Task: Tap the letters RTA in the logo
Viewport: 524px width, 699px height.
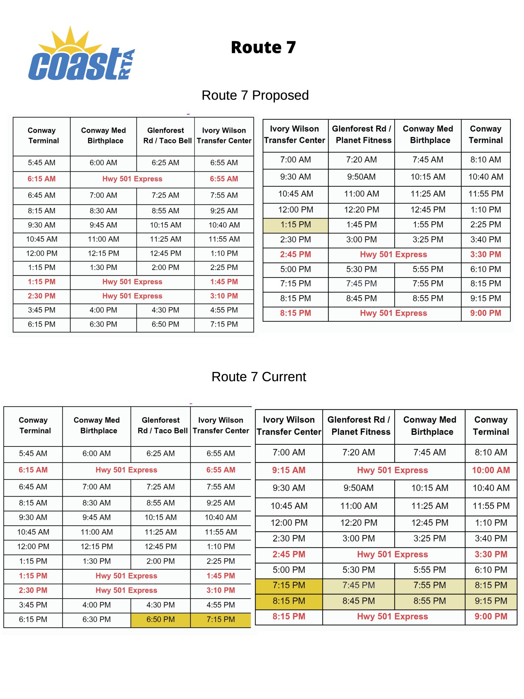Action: click(x=127, y=65)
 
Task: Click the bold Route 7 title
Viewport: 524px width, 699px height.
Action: click(x=263, y=47)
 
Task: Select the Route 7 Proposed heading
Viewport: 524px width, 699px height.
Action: click(x=255, y=95)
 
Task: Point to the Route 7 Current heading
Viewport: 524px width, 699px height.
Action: click(x=259, y=377)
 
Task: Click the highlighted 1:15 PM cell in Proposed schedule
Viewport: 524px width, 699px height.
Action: click(x=295, y=225)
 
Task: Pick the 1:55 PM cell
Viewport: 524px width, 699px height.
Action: click(x=428, y=225)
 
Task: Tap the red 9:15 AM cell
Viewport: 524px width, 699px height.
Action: click(x=289, y=470)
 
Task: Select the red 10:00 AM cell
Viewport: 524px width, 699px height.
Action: click(x=491, y=470)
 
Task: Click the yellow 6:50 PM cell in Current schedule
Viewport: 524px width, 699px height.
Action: click(x=160, y=619)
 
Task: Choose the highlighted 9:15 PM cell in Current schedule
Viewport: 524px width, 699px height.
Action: click(x=491, y=601)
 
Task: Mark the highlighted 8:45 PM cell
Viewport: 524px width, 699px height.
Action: click(x=359, y=601)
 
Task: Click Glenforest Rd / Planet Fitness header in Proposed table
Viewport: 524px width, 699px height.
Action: click(x=362, y=134)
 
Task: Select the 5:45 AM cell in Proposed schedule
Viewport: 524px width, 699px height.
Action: click(x=42, y=163)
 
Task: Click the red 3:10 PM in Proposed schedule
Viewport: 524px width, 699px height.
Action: click(x=224, y=296)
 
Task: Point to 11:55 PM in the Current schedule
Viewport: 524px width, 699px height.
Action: click(x=491, y=506)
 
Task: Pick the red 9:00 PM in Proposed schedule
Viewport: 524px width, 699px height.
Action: click(x=485, y=313)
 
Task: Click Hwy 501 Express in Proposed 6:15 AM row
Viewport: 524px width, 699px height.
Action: click(x=132, y=179)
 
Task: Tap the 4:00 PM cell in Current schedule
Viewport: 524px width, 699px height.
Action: click(x=97, y=605)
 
